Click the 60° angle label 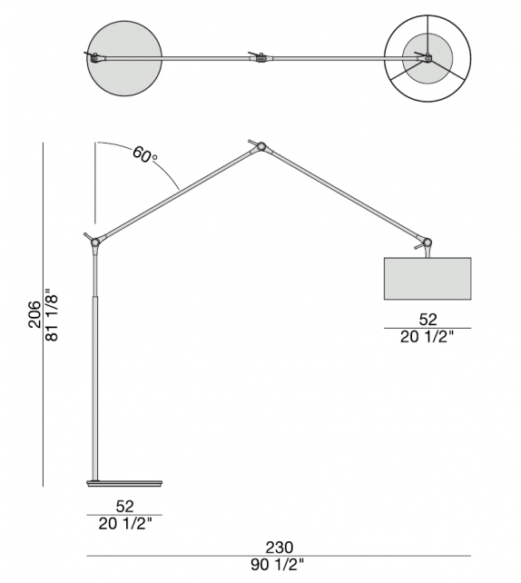(x=145, y=154)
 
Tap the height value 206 (x=34, y=314)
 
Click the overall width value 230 (x=279, y=547)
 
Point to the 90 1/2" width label (x=279, y=566)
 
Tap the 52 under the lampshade (x=428, y=319)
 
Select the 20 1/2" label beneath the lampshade (x=428, y=337)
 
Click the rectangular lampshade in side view (x=428, y=277)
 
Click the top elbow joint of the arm (x=261, y=145)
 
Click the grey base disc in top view (x=124, y=59)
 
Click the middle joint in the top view (x=261, y=59)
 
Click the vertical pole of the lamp (x=94, y=381)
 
